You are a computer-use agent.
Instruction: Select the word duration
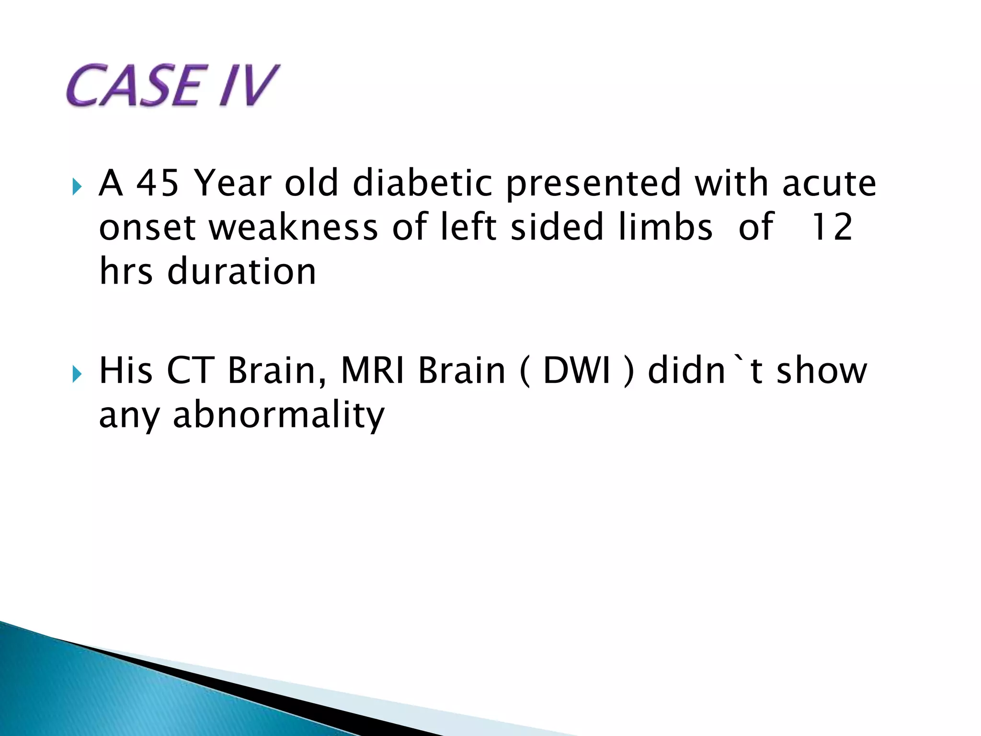pos(241,271)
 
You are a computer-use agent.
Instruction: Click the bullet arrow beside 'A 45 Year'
pos(77,186)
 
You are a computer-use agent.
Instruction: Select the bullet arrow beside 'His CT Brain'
pos(77,373)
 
